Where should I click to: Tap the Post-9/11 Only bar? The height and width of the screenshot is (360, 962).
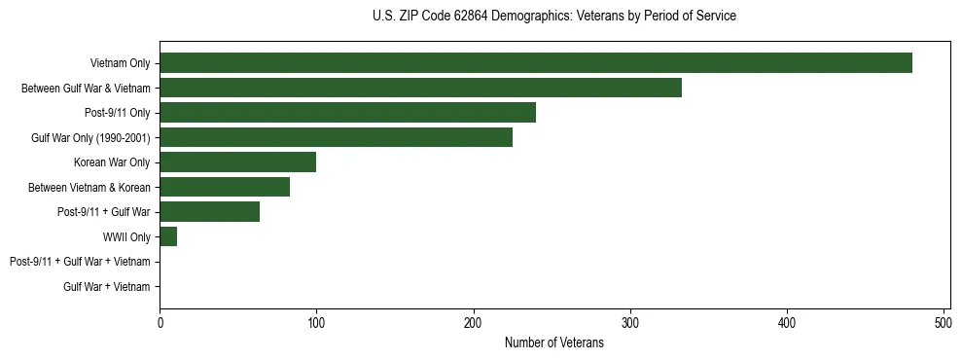[347, 113]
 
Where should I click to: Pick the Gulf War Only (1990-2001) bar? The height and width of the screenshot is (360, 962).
[336, 137]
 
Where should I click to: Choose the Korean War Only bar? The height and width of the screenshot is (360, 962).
[237, 162]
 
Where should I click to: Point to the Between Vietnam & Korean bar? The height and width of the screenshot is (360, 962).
[225, 187]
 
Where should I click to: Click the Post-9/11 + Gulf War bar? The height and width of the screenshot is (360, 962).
[209, 212]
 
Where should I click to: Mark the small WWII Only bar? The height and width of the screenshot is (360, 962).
[168, 236]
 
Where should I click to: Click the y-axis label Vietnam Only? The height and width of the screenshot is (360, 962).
[120, 64]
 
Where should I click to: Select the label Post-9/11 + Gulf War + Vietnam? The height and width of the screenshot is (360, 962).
[80, 262]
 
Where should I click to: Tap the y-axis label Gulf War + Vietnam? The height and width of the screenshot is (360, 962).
[107, 287]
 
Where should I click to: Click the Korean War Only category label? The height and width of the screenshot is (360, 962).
[112, 162]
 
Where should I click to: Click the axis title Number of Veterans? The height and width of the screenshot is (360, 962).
[554, 342]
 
